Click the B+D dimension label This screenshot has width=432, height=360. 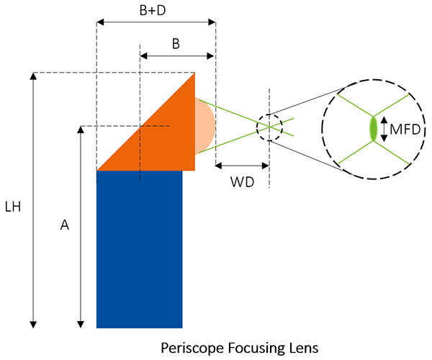(155, 9)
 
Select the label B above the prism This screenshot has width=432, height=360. (175, 43)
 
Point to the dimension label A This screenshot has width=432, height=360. (64, 225)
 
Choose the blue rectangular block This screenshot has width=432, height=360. (139, 248)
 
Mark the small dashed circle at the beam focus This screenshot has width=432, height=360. (269, 127)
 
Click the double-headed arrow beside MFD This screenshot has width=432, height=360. (384, 129)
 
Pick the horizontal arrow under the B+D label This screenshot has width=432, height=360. (156, 23)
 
